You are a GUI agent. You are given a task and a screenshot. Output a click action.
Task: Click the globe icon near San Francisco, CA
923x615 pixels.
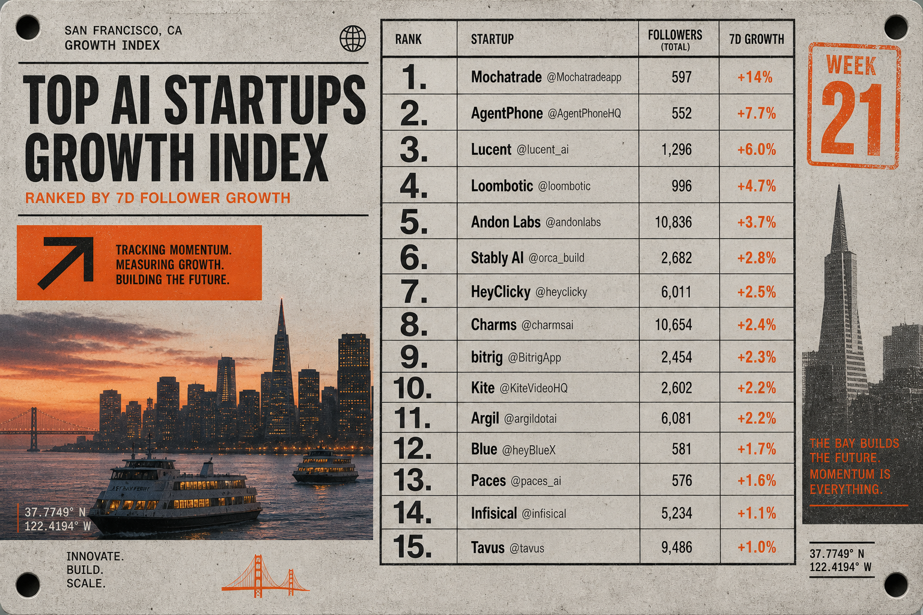coord(352,38)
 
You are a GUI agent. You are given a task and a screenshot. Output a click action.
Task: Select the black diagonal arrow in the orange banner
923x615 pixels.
coord(66,262)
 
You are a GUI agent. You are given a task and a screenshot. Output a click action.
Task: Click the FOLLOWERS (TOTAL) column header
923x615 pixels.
coord(675,40)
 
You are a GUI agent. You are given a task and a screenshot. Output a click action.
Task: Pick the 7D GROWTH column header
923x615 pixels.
coord(757,39)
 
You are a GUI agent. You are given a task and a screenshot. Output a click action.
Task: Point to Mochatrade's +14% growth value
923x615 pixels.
coord(755,77)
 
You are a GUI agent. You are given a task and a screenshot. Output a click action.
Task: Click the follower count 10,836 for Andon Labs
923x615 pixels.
coord(673,222)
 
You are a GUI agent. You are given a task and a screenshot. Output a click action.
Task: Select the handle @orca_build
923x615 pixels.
coord(556,258)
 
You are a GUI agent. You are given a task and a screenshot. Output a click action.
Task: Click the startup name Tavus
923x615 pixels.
coord(487,548)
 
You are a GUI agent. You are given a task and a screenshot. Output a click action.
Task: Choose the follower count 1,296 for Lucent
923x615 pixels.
coord(676,150)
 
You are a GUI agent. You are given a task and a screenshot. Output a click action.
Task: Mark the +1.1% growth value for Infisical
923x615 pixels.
coord(757,514)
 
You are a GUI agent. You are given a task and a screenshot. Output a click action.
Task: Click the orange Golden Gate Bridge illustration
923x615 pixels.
coord(265,575)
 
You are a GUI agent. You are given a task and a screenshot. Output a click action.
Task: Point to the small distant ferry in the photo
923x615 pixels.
coord(325,467)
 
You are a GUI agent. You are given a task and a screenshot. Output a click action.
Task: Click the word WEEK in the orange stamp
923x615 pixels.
coord(851,66)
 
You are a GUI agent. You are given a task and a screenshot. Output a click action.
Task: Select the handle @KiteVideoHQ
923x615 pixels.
coord(533,388)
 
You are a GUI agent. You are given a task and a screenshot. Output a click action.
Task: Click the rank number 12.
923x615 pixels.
coord(412,448)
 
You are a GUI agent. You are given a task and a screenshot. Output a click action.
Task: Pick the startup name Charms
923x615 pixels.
coord(493,324)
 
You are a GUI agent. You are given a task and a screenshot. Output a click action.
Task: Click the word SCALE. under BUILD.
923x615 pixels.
coord(86,583)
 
